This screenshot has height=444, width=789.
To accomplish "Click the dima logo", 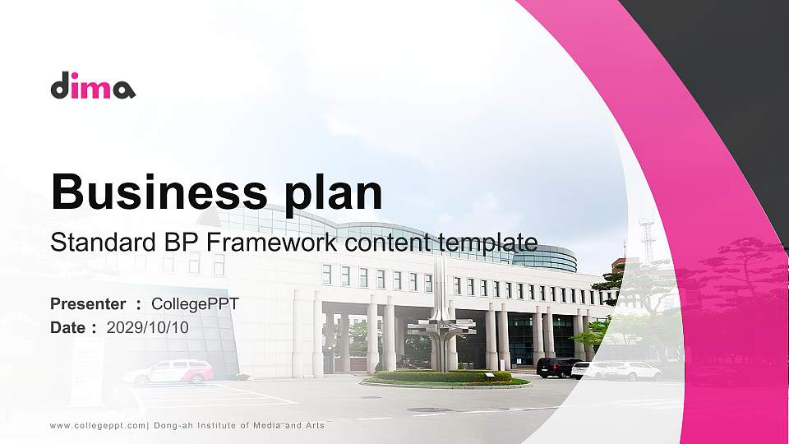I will (x=93, y=86).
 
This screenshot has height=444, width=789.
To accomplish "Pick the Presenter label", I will (x=88, y=304).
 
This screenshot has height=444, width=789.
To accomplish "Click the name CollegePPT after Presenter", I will (x=195, y=304).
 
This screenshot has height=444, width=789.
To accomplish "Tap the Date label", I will (x=68, y=327).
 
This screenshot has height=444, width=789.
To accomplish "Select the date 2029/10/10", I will (x=148, y=327).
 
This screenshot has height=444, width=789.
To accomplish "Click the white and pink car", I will (x=169, y=372).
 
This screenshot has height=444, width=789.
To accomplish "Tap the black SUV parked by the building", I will (x=556, y=368).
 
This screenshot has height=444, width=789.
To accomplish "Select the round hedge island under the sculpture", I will (x=445, y=377).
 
